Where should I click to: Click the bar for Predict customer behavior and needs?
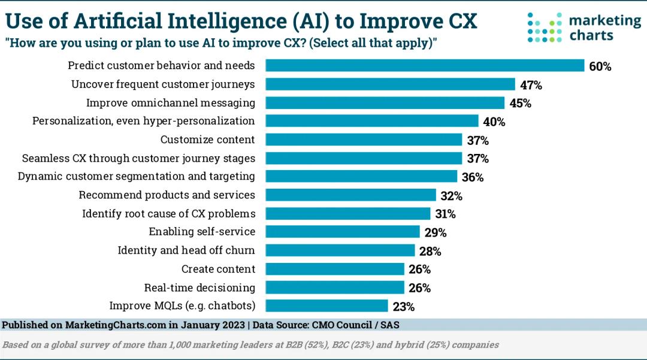tap(425, 66)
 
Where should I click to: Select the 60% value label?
tap(600, 66)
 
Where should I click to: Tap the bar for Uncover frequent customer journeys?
tap(390, 84)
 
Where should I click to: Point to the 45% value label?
tap(520, 103)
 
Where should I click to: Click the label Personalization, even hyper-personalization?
tap(143, 121)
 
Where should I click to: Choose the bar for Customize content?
tap(364, 140)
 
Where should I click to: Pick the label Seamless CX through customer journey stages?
tap(138, 158)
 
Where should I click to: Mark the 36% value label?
tap(472, 177)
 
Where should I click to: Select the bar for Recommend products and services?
tap(350, 195)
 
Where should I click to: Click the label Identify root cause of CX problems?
tap(168, 213)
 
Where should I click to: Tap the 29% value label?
tap(435, 232)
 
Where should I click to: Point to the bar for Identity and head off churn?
tap(340, 250)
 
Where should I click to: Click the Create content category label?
tap(218, 269)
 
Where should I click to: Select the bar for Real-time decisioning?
tap(335, 288)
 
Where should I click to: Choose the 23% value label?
tap(403, 307)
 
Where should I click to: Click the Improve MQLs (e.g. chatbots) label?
tap(182, 305)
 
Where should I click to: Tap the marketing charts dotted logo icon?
tap(544, 28)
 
